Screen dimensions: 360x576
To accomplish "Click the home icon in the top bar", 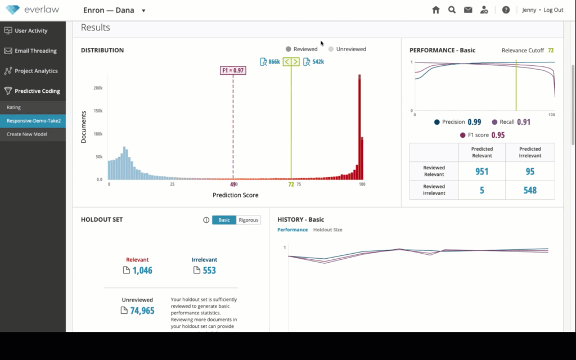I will click(x=436, y=10).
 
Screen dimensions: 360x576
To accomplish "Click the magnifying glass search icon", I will click(x=452, y=10).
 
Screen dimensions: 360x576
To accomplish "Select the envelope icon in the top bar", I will click(x=467, y=10).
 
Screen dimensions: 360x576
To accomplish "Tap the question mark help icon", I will click(x=506, y=10).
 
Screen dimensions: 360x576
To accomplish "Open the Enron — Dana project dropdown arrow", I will click(x=143, y=11).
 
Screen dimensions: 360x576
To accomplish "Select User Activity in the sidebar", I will click(x=31, y=30).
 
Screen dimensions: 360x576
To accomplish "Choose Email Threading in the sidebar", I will click(x=35, y=51).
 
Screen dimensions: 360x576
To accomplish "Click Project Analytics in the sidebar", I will click(x=36, y=71).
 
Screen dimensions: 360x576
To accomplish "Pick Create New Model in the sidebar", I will click(x=27, y=134).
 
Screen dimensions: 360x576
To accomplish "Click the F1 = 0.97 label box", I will click(x=232, y=70).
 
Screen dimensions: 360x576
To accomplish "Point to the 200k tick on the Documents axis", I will click(x=97, y=88).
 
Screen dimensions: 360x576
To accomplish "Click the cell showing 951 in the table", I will click(x=481, y=172).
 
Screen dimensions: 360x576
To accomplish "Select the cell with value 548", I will click(x=530, y=190).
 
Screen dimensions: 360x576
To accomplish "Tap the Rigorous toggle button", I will click(x=248, y=220).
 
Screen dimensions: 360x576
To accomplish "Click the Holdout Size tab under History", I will click(x=327, y=230).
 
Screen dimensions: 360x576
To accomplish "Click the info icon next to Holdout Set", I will click(x=206, y=220).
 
